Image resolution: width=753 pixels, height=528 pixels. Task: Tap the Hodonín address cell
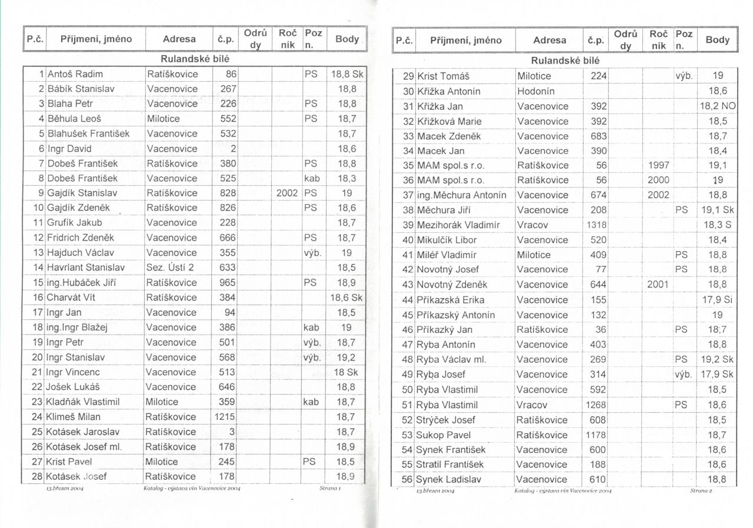[x=536, y=91]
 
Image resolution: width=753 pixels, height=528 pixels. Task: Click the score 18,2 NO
[x=717, y=106]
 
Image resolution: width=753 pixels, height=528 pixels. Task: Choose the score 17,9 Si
[x=717, y=300]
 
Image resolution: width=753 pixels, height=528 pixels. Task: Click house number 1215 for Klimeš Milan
[x=225, y=416]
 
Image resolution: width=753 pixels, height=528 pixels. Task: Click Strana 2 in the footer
[x=701, y=490]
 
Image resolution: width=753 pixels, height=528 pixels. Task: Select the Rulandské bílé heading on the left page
[x=195, y=59]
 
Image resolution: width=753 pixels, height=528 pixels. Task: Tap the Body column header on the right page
[x=717, y=40]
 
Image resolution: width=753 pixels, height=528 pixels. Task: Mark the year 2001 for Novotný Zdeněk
[x=658, y=285]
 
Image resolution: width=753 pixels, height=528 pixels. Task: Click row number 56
[x=408, y=479]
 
